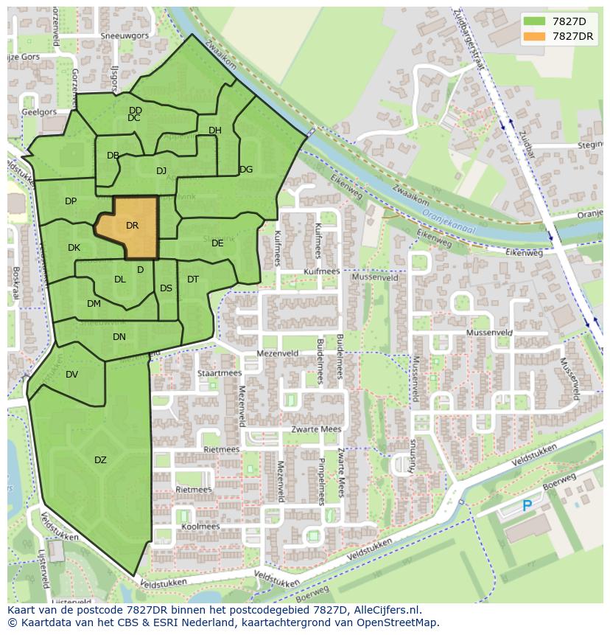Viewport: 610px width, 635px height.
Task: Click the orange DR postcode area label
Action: pyautogui.click(x=133, y=226)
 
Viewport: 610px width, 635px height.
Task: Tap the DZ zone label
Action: pyautogui.click(x=100, y=460)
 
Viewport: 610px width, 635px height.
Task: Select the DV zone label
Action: pyautogui.click(x=71, y=375)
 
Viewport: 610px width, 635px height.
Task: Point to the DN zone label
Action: pyautogui.click(x=119, y=337)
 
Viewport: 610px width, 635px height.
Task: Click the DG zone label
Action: pyautogui.click(x=246, y=170)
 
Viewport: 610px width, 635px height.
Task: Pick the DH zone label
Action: pyautogui.click(x=214, y=131)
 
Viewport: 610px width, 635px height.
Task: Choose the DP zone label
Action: pyautogui.click(x=71, y=201)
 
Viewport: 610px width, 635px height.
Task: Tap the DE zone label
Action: pyautogui.click(x=217, y=243)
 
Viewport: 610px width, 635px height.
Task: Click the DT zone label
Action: pyautogui.click(x=193, y=280)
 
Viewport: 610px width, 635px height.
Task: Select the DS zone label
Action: pyautogui.click(x=166, y=288)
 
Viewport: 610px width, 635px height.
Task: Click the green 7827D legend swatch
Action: pyautogui.click(x=534, y=21)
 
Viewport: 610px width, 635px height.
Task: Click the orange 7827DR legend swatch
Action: pyautogui.click(x=534, y=36)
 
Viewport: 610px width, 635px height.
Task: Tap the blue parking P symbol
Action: pyautogui.click(x=527, y=507)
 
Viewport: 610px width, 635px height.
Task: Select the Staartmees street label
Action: pyautogui.click(x=219, y=373)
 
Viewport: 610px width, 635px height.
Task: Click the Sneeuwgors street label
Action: pyautogui.click(x=125, y=35)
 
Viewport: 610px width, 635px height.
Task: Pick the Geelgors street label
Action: pyautogui.click(x=39, y=112)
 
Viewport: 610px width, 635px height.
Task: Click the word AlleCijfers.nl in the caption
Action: pyautogui.click(x=384, y=610)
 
